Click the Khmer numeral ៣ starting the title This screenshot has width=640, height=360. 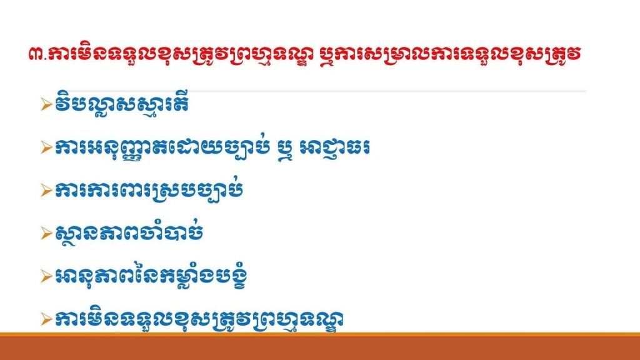point(36,55)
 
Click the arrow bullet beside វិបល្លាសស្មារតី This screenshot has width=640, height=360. point(46,105)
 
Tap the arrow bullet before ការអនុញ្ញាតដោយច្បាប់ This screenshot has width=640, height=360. point(46,147)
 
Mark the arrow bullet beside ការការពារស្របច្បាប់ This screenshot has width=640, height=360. point(46,191)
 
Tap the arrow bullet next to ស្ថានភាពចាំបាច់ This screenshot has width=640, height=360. point(46,234)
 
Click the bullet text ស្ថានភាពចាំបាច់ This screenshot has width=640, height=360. point(129,232)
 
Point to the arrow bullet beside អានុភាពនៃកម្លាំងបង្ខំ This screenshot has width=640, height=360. point(46,276)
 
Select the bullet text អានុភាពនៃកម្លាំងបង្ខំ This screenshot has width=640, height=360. point(151,276)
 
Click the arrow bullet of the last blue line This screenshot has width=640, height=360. point(46,319)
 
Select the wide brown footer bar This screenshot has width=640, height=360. point(320,347)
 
